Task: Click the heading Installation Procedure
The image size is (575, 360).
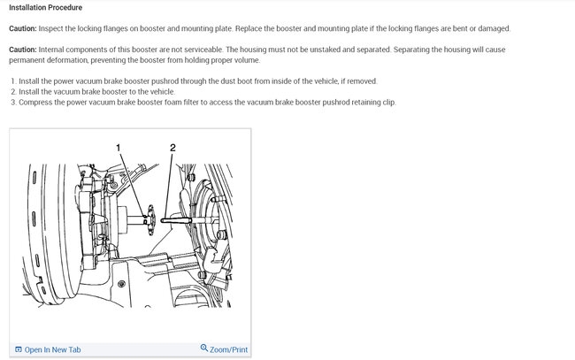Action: point(45,7)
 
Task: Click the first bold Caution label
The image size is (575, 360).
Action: point(23,28)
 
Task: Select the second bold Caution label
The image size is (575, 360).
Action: point(23,50)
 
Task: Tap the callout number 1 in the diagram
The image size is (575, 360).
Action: point(118,148)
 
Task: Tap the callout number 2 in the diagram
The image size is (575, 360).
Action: point(172,148)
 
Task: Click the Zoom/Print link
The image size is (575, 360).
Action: point(228,349)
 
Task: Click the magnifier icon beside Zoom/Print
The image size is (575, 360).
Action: point(204,348)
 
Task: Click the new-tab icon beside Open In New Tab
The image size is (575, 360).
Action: point(19,349)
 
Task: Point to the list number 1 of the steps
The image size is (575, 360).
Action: point(13,81)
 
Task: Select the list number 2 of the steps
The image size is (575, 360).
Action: point(13,92)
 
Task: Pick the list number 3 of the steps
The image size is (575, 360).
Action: point(13,103)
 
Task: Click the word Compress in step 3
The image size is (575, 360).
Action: point(35,103)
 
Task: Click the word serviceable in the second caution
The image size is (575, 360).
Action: point(203,50)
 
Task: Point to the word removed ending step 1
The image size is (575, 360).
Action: point(363,81)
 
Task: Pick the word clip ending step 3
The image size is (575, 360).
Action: point(389,103)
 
